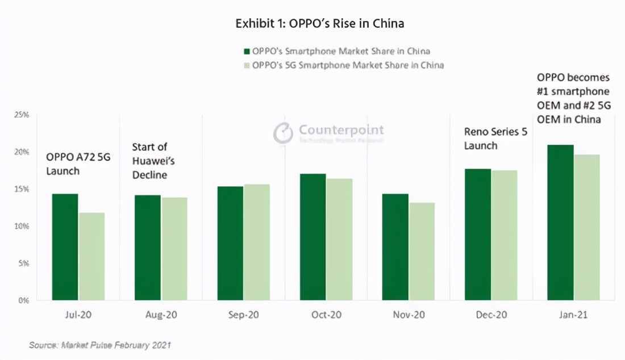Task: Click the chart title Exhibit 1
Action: (320, 24)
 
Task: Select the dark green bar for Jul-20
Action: (65, 247)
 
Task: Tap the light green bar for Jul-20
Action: (91, 257)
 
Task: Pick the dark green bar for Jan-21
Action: (560, 223)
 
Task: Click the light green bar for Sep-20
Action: (257, 242)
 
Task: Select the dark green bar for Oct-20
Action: (312, 237)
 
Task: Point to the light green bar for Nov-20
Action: (422, 252)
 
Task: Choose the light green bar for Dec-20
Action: (505, 235)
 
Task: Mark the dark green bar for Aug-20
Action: (148, 248)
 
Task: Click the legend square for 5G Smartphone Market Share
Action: (247, 65)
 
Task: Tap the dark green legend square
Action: (247, 52)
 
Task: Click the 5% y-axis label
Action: (23, 263)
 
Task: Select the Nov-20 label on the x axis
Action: (409, 315)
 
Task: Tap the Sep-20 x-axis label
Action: (243, 315)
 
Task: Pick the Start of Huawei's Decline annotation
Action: (153, 161)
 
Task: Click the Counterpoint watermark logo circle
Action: (283, 133)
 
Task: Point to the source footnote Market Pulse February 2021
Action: (100, 345)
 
